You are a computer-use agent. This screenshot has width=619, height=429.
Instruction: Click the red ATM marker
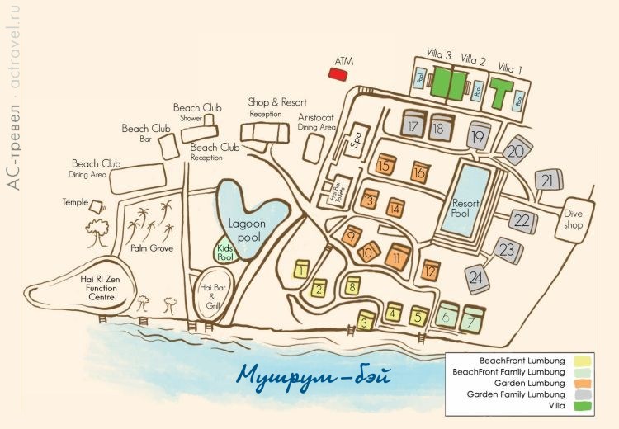(338, 74)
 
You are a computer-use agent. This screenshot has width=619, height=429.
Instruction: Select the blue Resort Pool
(472, 203)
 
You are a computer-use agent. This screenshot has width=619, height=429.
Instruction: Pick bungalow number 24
(476, 278)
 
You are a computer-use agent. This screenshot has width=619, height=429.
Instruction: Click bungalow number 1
(303, 269)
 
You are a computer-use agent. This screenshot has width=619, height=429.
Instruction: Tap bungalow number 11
(398, 257)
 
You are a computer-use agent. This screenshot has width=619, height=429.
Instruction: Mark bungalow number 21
(547, 180)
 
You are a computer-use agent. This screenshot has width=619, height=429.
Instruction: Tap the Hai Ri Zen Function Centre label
(87, 290)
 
